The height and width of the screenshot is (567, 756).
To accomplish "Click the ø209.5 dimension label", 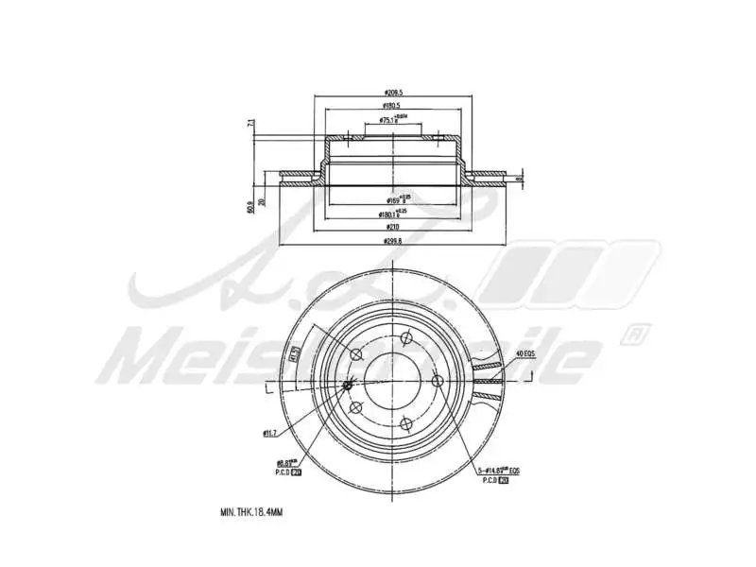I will pyautogui.click(x=394, y=93).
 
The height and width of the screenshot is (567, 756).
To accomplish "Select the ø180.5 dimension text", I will pyautogui.click(x=394, y=107).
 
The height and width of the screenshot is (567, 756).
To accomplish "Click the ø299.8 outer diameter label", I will pyautogui.click(x=394, y=241).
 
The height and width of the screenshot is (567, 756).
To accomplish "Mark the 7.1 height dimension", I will pyautogui.click(x=250, y=124).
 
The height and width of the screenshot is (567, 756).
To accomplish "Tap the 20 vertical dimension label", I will pyautogui.click(x=262, y=198).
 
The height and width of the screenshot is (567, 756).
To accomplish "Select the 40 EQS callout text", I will pyautogui.click(x=525, y=353).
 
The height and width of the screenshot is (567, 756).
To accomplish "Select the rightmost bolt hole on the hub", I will pyautogui.click(x=437, y=380).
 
